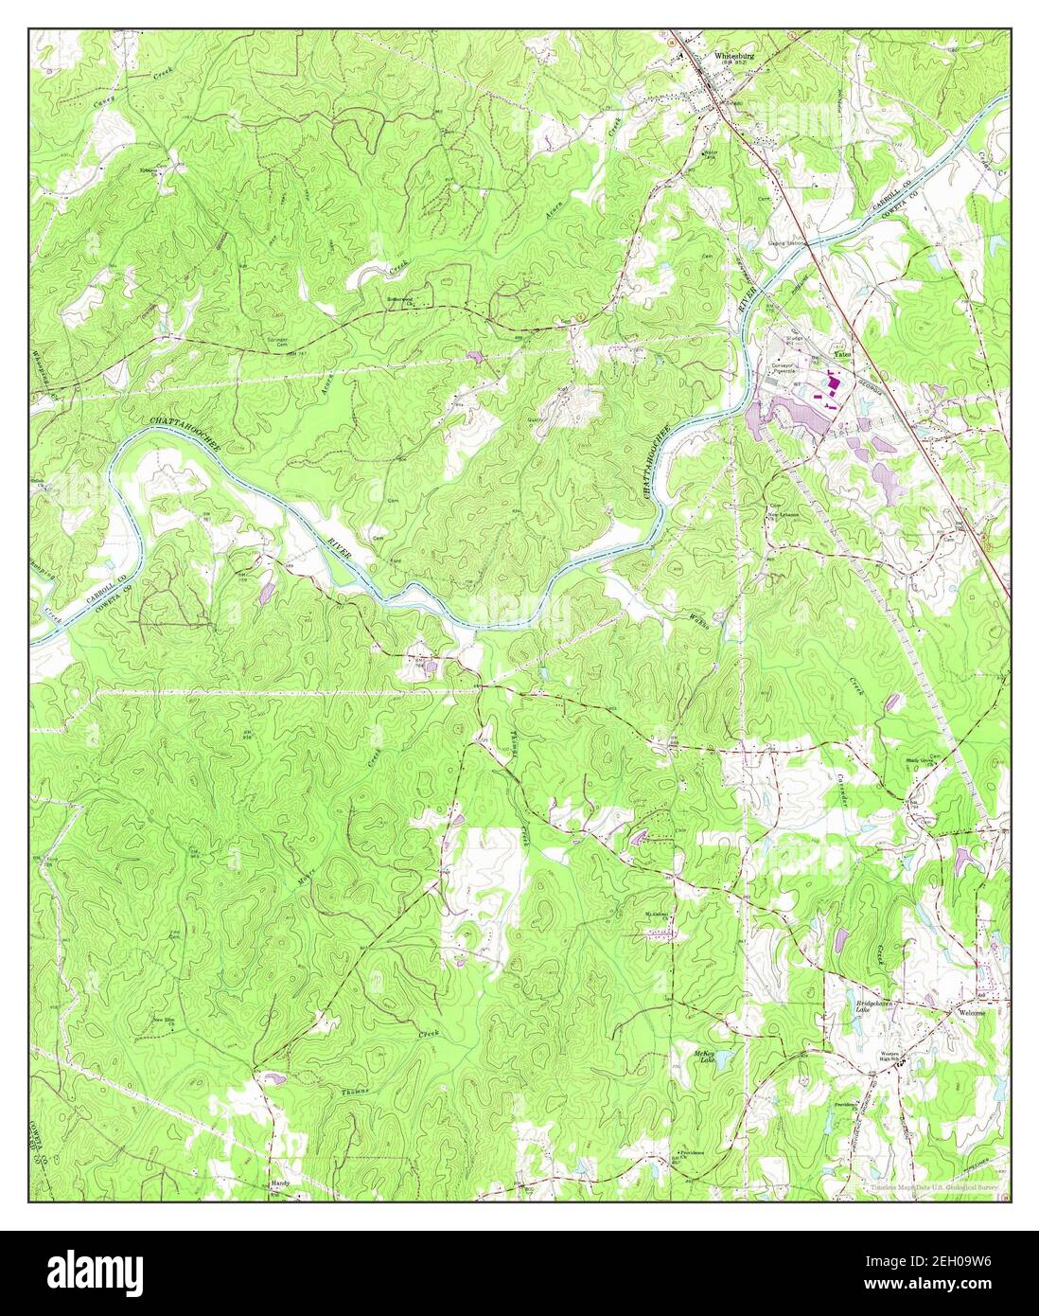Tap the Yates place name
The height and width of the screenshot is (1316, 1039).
pyautogui.click(x=841, y=354)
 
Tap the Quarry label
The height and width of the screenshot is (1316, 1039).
pyautogui.click(x=543, y=426)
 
